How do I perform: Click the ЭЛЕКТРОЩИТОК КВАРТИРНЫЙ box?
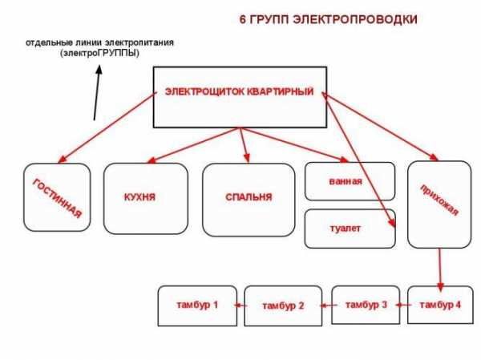(239, 95)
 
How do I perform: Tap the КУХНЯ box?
(144, 198)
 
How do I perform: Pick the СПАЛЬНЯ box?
(248, 198)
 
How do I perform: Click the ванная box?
(350, 181)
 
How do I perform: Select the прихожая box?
(439, 204)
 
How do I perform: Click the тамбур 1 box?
(197, 305)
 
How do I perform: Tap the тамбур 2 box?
(282, 306)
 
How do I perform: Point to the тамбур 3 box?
(365, 305)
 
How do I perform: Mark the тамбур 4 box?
(439, 305)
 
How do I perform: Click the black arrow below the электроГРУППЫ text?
(97, 92)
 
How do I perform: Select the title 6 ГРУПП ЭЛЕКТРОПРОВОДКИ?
(329, 18)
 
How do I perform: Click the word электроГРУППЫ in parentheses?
(99, 52)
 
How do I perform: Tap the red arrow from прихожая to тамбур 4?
(439, 269)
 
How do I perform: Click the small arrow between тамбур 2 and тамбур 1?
(240, 305)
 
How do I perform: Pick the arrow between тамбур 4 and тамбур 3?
(404, 305)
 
